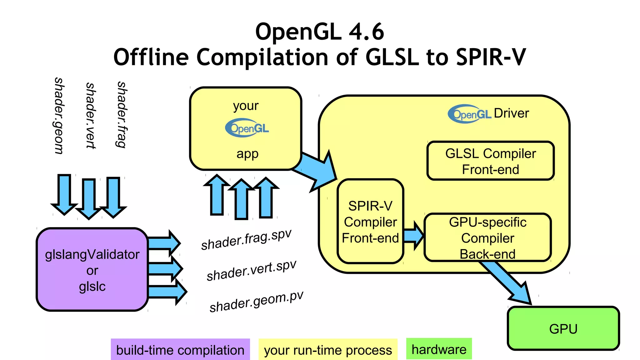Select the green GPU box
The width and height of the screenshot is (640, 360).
click(x=563, y=329)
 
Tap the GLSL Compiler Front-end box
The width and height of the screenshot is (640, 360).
click(x=490, y=161)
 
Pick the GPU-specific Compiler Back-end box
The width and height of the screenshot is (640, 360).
click(x=487, y=237)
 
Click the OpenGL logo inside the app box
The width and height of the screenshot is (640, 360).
click(x=247, y=128)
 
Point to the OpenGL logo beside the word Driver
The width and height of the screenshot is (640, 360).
click(x=470, y=114)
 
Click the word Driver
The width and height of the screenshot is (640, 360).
click(x=511, y=113)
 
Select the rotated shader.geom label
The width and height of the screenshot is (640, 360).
click(x=59, y=116)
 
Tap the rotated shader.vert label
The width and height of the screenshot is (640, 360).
click(x=91, y=116)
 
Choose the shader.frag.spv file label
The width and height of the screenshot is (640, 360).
click(x=246, y=239)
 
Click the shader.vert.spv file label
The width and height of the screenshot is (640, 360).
click(x=251, y=271)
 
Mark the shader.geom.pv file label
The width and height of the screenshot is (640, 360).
click(x=256, y=301)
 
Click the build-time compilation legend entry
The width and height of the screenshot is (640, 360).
click(x=180, y=350)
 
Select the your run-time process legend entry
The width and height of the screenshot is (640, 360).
click(x=328, y=350)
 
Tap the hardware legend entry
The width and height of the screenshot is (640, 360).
click(x=439, y=349)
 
